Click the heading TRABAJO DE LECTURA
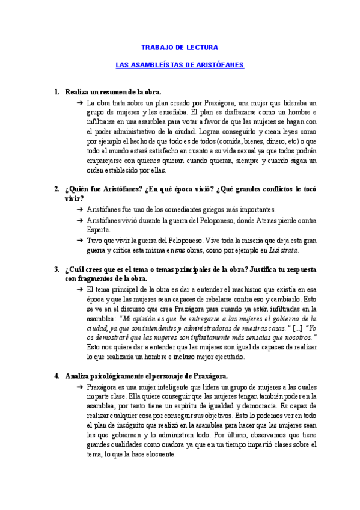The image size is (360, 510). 180,47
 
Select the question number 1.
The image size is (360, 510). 56,92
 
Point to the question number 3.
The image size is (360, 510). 56,269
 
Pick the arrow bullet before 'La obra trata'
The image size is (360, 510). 80,103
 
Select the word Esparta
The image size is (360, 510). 99,229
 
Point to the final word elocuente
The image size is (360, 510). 157,455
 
